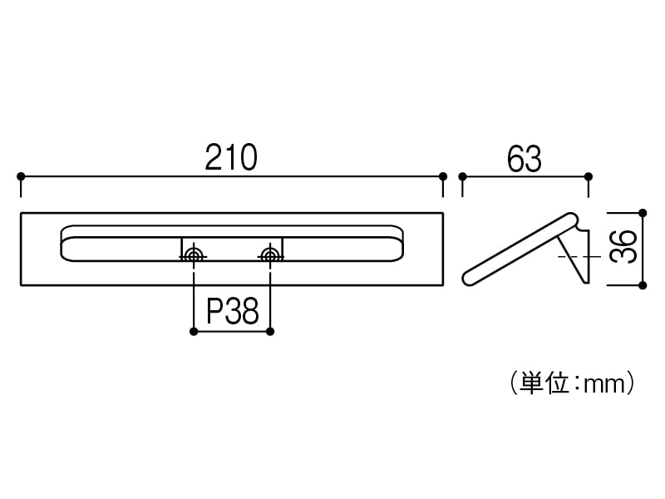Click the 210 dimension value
click(231, 157)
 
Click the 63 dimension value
click(524, 158)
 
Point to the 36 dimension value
click(628, 247)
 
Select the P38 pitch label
click(233, 312)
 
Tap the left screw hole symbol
click(194, 254)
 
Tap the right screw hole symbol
click(270, 254)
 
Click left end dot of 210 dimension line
click(21, 176)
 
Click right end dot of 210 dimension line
click(443, 176)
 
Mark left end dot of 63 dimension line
click(463, 176)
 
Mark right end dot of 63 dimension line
click(589, 176)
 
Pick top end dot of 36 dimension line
click(642, 212)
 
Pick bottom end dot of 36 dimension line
click(642, 285)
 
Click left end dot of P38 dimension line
click(194, 332)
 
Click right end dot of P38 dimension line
click(270, 332)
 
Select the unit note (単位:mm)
click(574, 383)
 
